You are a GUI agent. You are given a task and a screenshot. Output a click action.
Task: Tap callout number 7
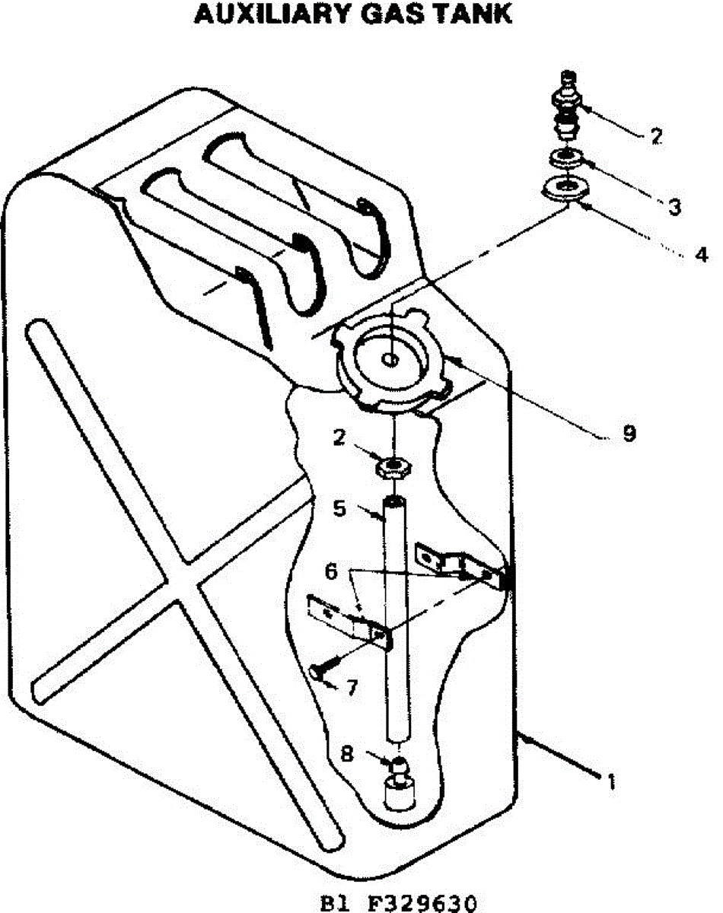point(351,686)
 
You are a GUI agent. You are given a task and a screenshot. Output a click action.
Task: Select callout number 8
point(346,754)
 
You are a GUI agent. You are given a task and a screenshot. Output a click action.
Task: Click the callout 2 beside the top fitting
point(656,137)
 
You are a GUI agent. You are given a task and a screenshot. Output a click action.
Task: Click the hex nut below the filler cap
point(393,466)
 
